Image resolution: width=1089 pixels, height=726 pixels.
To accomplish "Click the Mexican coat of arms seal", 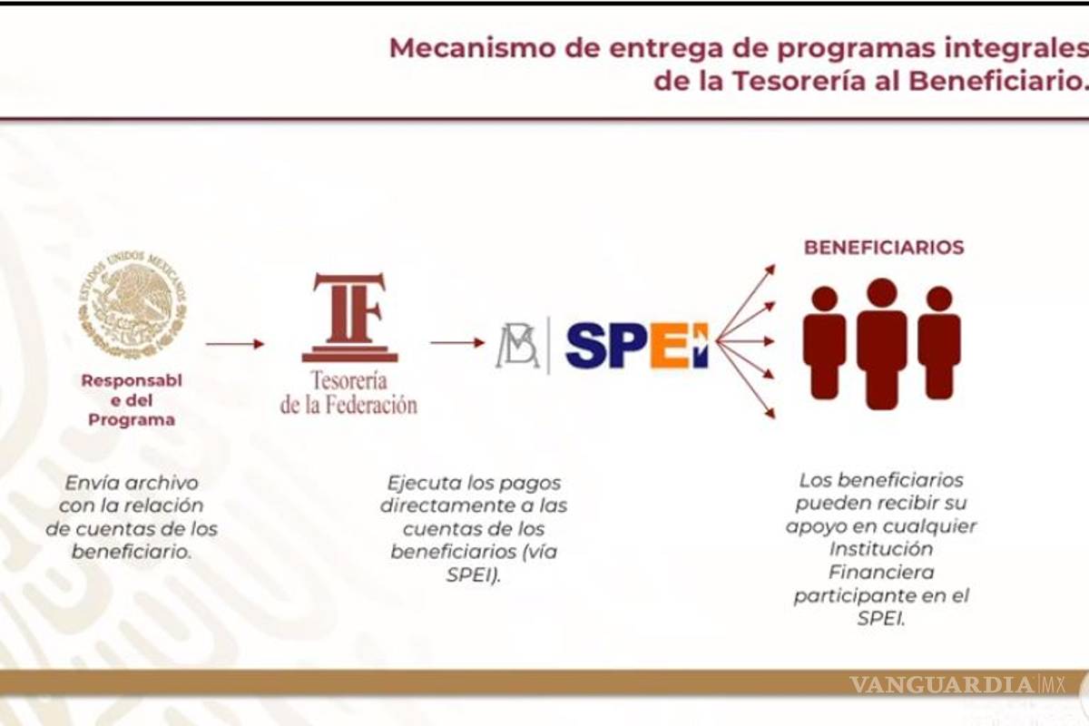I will pos(132,305).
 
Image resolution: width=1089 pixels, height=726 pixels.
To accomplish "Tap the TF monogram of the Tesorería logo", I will pos(348,316).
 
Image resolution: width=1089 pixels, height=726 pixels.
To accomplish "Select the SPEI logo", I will pos(635,345).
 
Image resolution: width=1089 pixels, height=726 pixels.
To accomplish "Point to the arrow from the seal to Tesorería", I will pos(234,344).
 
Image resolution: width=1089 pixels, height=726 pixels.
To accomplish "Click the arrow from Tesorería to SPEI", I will pos(457,343).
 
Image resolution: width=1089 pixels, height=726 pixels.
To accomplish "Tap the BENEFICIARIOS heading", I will pos(884,247).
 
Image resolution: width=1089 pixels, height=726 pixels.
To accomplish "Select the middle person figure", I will pos(882,343).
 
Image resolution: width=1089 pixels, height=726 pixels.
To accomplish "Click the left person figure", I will pos(824,343).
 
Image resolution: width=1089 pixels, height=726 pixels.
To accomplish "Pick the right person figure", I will pos(939,343).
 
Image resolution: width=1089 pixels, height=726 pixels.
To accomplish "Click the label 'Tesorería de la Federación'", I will pos(348,392).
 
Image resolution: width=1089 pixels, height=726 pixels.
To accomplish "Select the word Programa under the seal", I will pos(132,420).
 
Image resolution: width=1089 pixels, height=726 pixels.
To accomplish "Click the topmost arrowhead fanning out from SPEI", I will pos(770,269).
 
